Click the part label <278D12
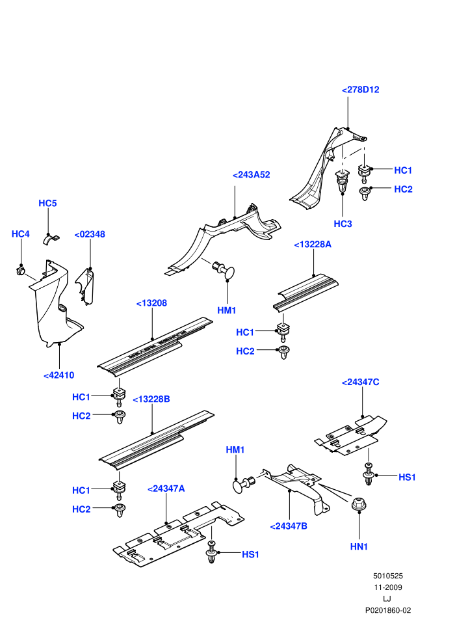[x=360, y=90]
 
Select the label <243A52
[x=251, y=174]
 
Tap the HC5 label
[x=47, y=204]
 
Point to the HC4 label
[x=21, y=234]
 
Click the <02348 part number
[x=90, y=234]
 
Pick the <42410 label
[x=58, y=375]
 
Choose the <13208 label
[x=151, y=303]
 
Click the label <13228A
[x=313, y=245]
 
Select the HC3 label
[x=343, y=224]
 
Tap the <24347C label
[x=360, y=382]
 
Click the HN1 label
[x=359, y=546]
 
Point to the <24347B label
[x=289, y=526]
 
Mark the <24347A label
[x=166, y=489]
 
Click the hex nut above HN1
[x=359, y=504]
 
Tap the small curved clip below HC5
[x=51, y=239]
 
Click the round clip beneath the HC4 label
[x=21, y=271]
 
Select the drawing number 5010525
[x=387, y=576]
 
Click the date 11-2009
[x=387, y=587]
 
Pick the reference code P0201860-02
[x=387, y=610]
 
